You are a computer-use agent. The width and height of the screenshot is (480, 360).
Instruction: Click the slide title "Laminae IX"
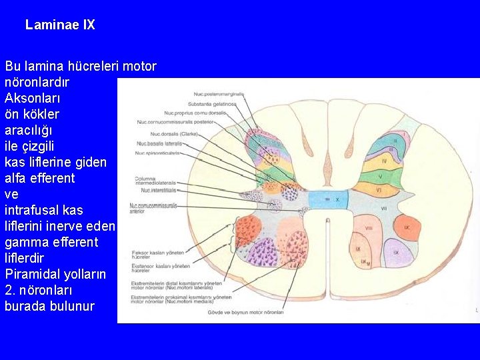[x=60, y=25]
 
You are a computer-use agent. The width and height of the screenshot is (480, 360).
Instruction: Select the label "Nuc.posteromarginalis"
[x=219, y=94]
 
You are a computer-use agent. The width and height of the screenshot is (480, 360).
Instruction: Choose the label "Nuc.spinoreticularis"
[x=158, y=153]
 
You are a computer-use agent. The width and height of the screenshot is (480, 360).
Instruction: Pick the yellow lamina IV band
[x=383, y=161]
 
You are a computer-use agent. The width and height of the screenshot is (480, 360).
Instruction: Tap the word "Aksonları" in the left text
[x=31, y=98]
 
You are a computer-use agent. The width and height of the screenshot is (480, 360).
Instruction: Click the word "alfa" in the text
[x=16, y=178]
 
